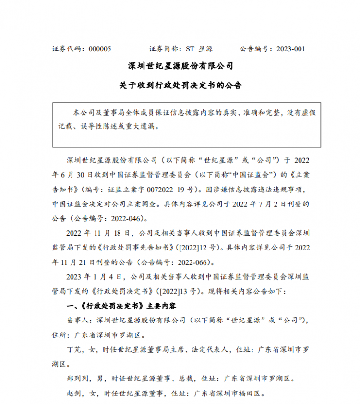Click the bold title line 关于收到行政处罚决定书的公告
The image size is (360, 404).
point(180,85)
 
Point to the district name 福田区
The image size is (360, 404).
point(251,392)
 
